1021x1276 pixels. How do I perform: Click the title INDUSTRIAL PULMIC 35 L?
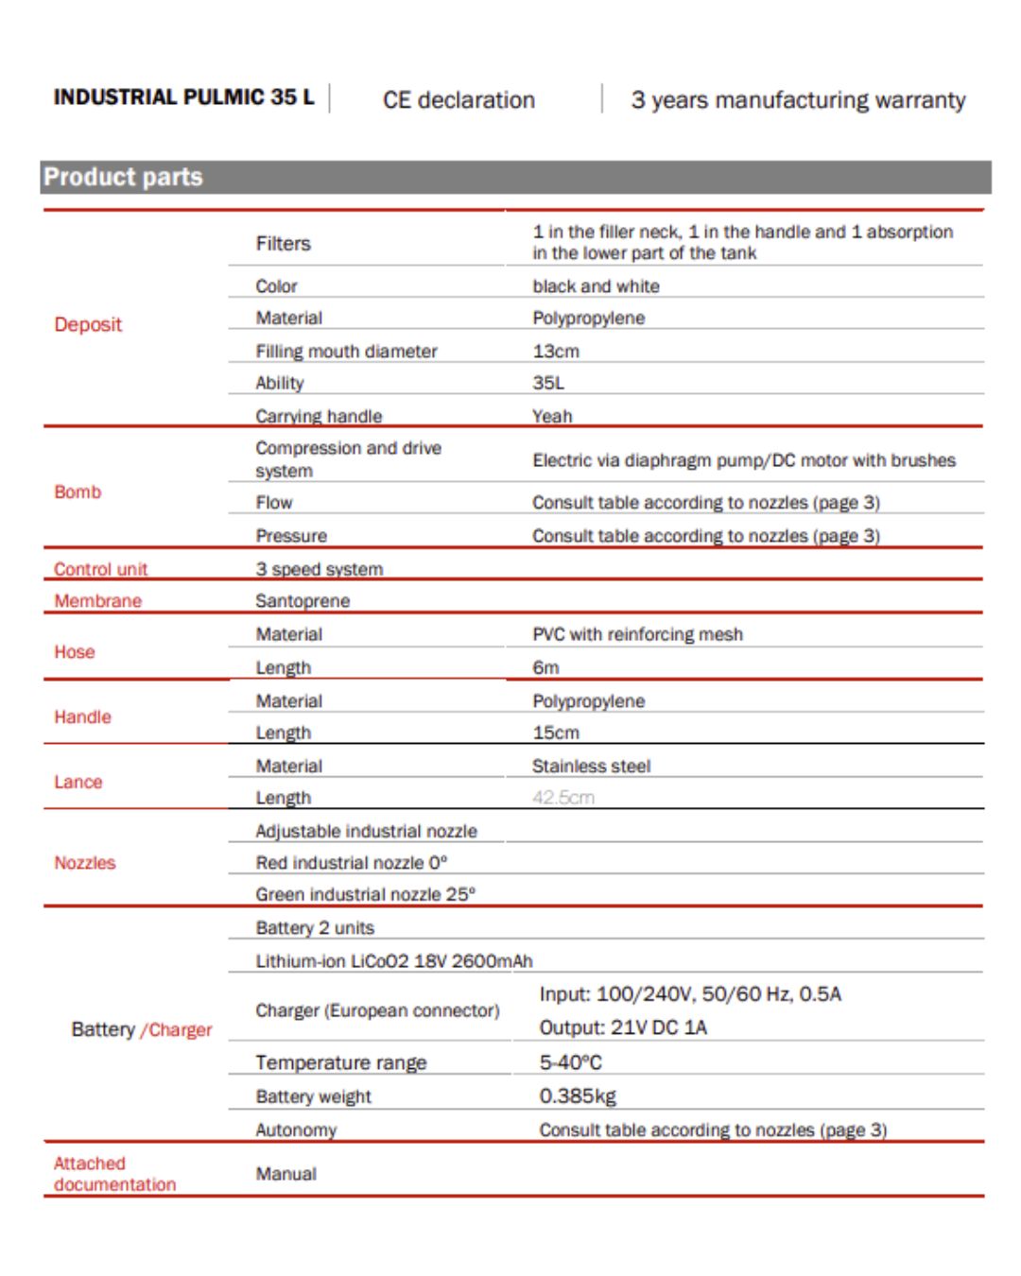coord(183,97)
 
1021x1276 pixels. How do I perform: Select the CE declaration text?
coord(459,100)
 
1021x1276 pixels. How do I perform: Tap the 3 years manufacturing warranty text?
coord(798,100)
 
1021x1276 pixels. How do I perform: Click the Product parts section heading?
coord(123,178)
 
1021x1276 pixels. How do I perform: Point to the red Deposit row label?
coord(88,324)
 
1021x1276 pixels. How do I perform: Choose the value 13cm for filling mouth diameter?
coord(556,351)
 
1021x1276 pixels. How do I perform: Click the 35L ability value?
coord(548,383)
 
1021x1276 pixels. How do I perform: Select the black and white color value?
coord(596,286)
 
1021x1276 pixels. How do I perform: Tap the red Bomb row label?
coord(78,491)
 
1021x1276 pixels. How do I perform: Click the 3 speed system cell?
coord(319,569)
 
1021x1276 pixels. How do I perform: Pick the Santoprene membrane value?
coord(303,601)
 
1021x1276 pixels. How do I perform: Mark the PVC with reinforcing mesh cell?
coord(637,634)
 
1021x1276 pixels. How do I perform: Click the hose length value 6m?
coord(545,667)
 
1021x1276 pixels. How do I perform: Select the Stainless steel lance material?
coord(591,766)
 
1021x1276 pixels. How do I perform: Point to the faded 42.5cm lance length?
coord(562,798)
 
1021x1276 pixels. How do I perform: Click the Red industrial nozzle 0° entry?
coord(351,863)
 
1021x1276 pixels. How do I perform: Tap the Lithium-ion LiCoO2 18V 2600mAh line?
coord(393,961)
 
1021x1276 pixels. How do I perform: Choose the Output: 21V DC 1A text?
coord(622,1027)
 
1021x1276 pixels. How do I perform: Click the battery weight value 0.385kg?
coord(577,1096)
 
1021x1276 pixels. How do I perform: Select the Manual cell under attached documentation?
coord(286,1174)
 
